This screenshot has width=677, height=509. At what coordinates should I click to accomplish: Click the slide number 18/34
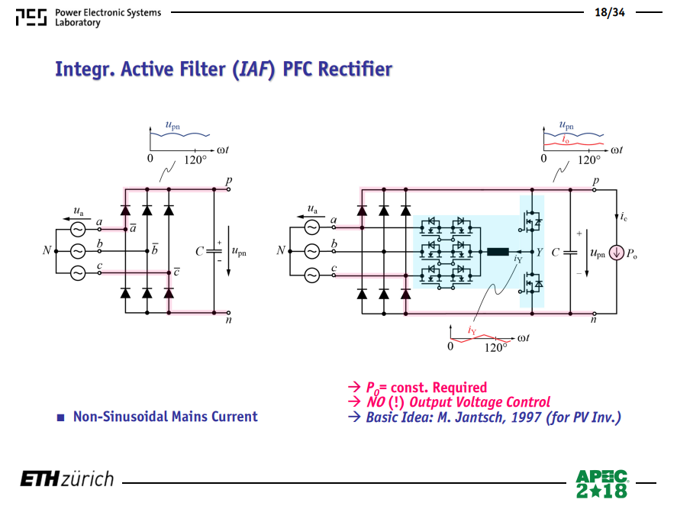(x=610, y=12)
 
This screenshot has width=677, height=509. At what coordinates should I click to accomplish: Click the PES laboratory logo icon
(x=31, y=18)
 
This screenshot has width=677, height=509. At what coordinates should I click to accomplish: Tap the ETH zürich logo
(x=67, y=479)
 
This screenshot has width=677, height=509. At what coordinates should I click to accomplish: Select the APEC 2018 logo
(x=601, y=484)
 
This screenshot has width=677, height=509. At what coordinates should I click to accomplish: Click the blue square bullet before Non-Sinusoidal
(x=61, y=417)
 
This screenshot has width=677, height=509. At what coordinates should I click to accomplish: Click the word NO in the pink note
(x=376, y=402)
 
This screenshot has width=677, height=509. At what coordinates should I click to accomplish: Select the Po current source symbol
(x=617, y=253)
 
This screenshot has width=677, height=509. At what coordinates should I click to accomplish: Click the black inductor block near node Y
(x=498, y=252)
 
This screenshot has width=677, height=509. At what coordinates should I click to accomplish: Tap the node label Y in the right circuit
(x=540, y=252)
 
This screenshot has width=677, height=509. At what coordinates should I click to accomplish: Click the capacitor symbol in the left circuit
(x=214, y=251)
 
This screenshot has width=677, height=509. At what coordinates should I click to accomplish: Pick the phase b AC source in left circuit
(x=78, y=251)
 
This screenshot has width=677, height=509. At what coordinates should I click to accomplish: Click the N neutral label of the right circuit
(x=281, y=250)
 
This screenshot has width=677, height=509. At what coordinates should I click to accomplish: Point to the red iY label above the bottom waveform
(x=472, y=330)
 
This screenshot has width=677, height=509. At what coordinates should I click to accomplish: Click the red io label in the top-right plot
(x=565, y=139)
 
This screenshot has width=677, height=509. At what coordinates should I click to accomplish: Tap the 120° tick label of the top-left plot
(x=195, y=159)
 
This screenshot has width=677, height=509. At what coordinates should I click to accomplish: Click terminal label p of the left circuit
(x=229, y=181)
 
